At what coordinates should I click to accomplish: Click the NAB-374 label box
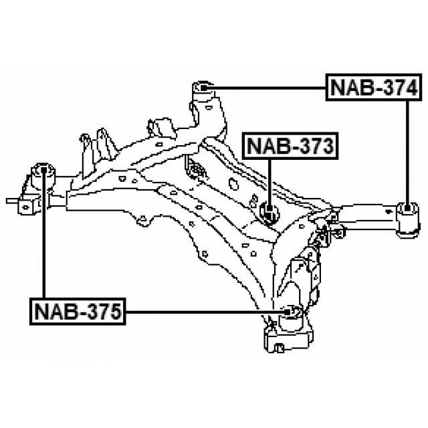pos(373,88)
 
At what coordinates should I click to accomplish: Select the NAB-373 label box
pos(290,146)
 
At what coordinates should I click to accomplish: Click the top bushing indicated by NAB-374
pos(202,87)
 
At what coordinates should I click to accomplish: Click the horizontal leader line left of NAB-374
pos(267,87)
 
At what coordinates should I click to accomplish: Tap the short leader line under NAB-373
pos(268,181)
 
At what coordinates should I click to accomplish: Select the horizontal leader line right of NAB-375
pos(201,312)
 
